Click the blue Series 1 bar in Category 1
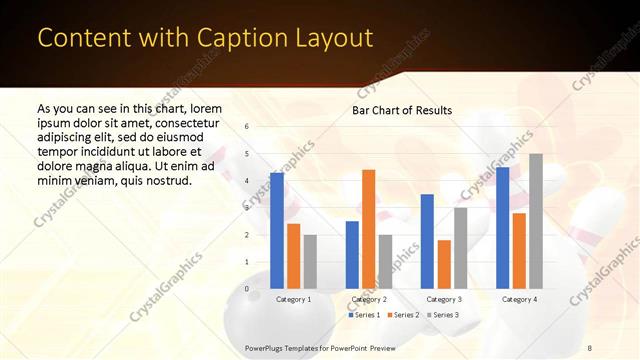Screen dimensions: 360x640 tap(277, 230)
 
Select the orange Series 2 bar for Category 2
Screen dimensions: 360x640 tap(368, 229)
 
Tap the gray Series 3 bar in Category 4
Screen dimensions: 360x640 tap(536, 221)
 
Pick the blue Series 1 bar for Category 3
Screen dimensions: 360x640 tap(427, 241)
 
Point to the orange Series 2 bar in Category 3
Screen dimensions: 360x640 tap(444, 264)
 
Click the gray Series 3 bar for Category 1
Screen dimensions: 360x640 tap(310, 261)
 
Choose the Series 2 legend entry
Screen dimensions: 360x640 tap(402, 315)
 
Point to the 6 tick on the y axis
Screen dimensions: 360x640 tap(247, 126)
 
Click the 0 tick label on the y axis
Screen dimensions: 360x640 tap(247, 288)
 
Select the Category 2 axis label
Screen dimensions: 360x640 tap(369, 299)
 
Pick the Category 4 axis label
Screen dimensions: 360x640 tap(519, 299)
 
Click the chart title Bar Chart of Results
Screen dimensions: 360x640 tap(402, 110)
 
